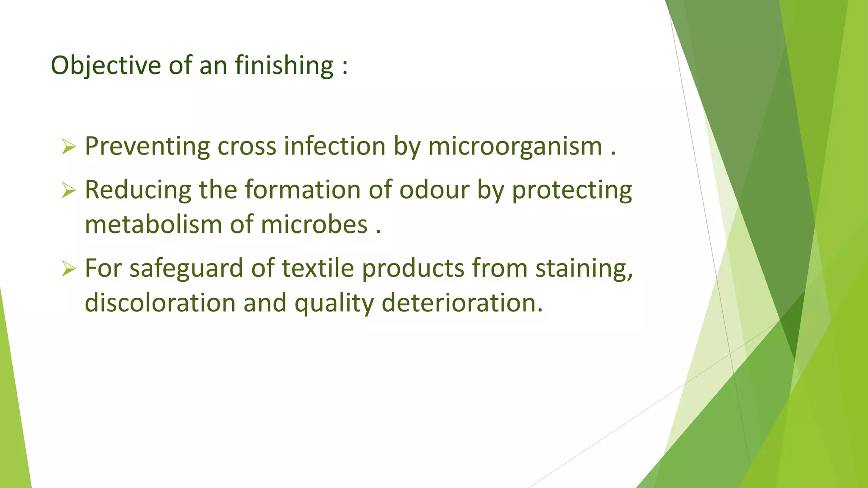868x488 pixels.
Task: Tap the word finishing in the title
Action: point(284,66)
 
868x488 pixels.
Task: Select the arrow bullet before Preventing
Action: point(68,147)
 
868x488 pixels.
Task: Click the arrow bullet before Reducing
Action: point(68,190)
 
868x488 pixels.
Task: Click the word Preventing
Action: point(147,146)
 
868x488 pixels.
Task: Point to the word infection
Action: point(334,146)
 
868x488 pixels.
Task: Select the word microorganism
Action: point(515,147)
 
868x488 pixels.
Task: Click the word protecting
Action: point(572,190)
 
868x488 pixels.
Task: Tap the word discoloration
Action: point(160,303)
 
